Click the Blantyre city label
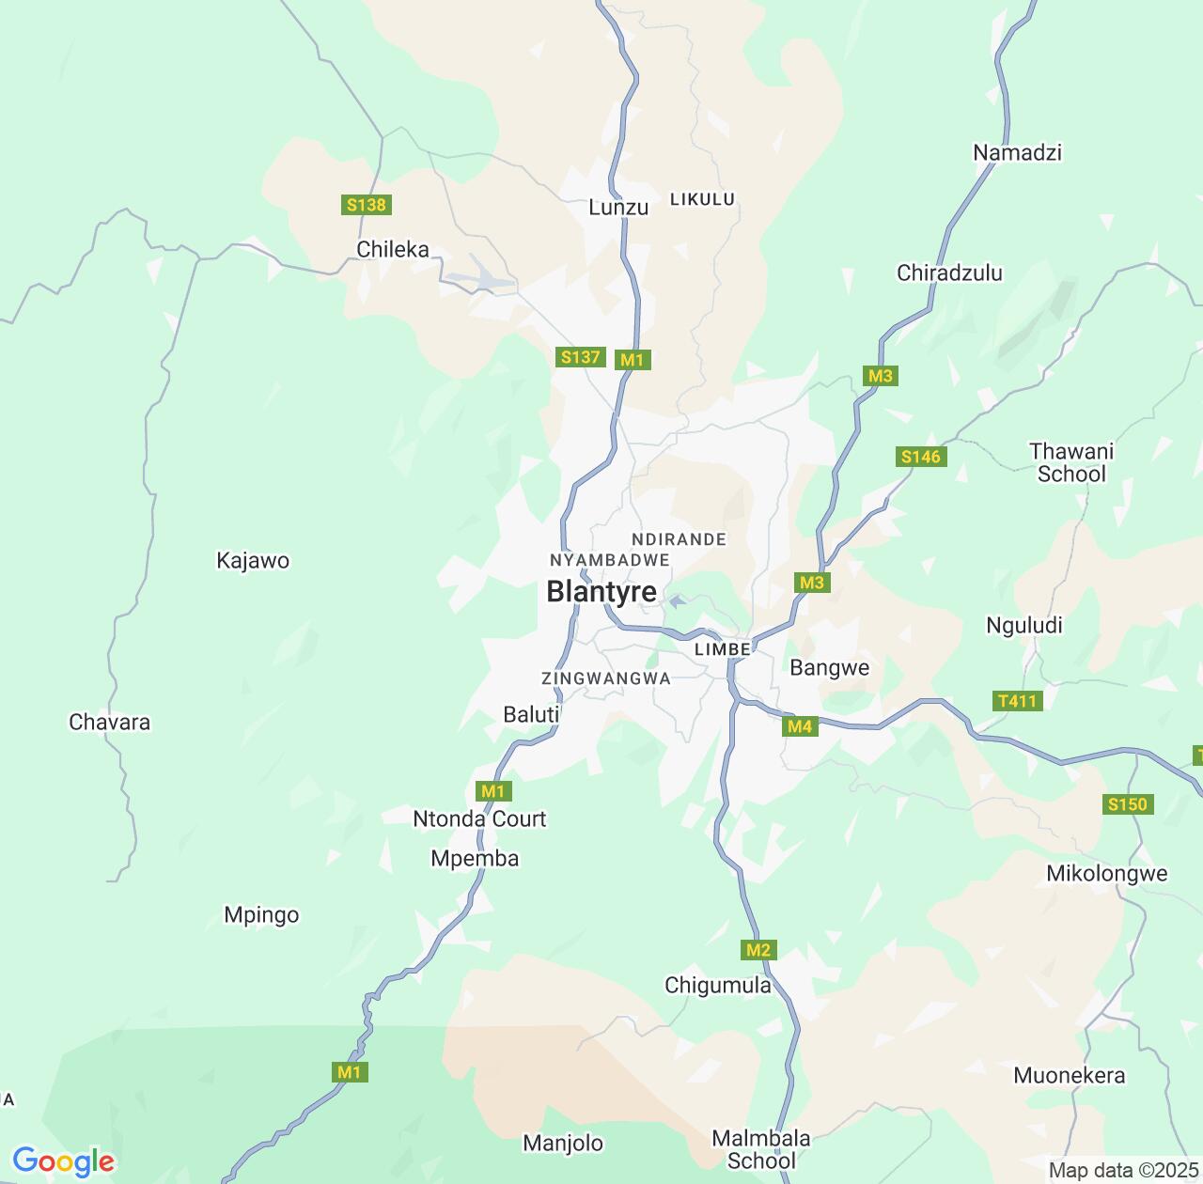click(601, 592)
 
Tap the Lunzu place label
click(618, 208)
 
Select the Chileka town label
click(393, 250)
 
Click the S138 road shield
click(367, 205)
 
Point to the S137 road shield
click(580, 357)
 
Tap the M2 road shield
click(758, 950)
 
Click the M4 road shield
click(800, 726)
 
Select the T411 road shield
click(1017, 701)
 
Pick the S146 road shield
click(920, 457)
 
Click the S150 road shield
click(1128, 804)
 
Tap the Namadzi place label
click(1017, 152)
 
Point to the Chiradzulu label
click(949, 273)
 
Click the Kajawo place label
click(253, 561)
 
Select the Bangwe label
click(830, 668)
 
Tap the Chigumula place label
click(718, 986)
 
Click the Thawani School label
click(1071, 462)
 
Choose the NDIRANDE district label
click(680, 539)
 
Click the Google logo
click(63, 1162)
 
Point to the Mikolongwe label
click(1107, 874)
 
